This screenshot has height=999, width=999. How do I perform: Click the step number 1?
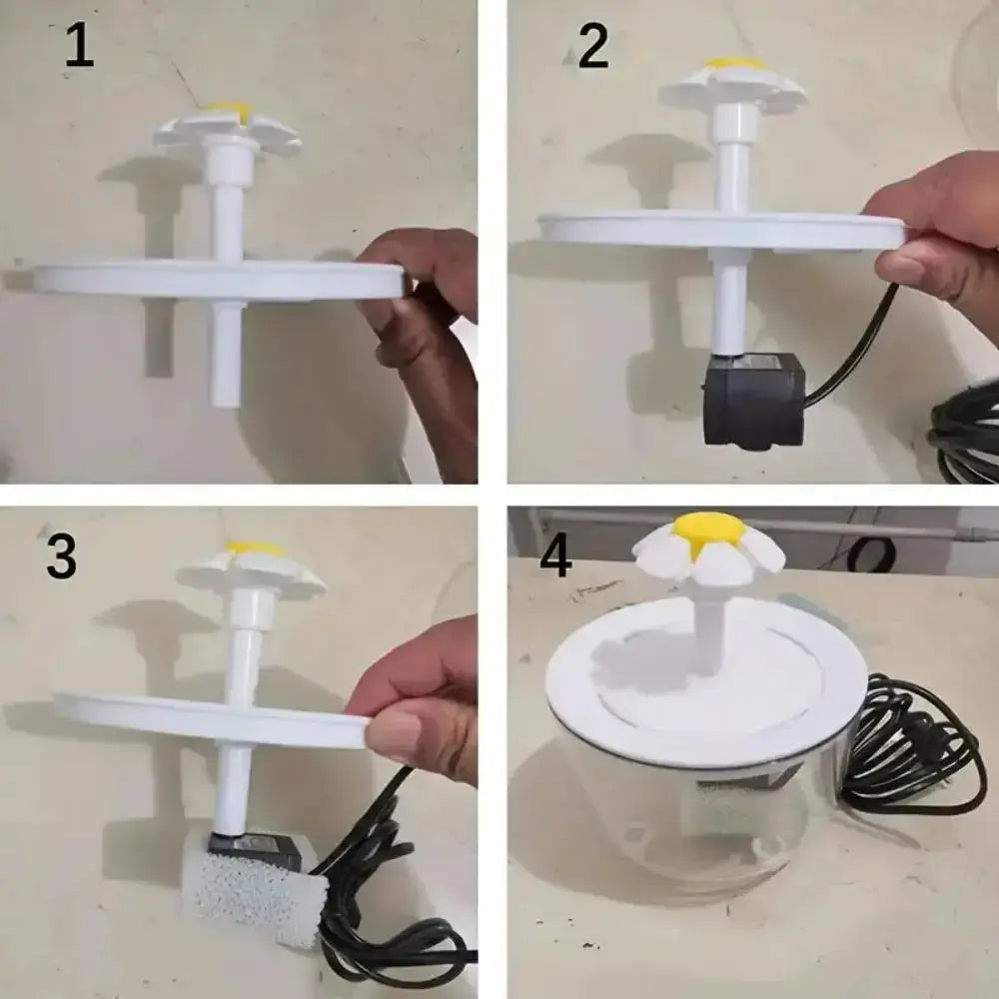[x=79, y=47]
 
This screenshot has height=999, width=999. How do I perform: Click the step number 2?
[x=592, y=47]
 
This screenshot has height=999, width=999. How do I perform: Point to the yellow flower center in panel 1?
[x=230, y=110]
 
